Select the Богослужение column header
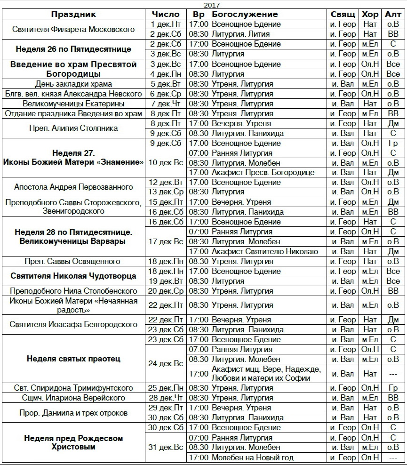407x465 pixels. pyautogui.click(x=245, y=14)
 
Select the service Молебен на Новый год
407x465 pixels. pyautogui.click(x=253, y=457)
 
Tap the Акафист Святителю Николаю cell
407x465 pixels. pyautogui.click(x=265, y=251)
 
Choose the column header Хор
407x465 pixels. pyautogui.click(x=370, y=14)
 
